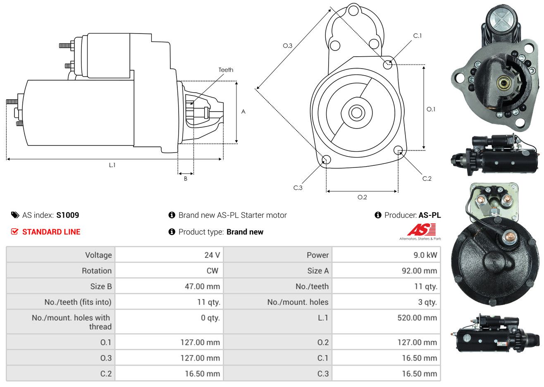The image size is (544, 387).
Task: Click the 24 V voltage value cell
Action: pos(212,255)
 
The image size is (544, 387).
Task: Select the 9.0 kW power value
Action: pos(425,255)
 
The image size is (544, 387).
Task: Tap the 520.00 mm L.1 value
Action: pos(417,318)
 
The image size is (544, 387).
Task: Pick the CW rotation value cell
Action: pos(212,271)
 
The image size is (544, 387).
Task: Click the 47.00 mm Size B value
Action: pos(202,287)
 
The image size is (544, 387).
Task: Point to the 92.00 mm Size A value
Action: pos(419,271)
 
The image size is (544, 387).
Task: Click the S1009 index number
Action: pos(67,215)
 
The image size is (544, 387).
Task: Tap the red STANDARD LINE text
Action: pos(51,232)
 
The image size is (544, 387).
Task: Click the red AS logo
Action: pos(421,230)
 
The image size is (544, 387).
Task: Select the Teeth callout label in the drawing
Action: pos(226,70)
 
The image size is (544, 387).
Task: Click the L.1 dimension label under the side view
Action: pos(112,165)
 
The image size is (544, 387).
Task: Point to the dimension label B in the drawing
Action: pos(186,179)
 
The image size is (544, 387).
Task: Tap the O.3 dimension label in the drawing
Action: pos(288,45)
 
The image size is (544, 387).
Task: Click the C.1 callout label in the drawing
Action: pos(418,36)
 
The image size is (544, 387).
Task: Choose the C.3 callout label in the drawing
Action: pos(298,188)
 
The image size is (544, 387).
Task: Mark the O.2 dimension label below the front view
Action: pos(362,197)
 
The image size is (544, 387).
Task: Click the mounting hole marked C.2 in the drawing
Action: pos(398,150)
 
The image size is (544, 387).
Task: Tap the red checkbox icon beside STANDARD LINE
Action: pos(14,232)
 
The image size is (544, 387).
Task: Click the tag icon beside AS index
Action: pos(15,215)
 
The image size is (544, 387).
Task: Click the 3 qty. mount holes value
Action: pos(427,302)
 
